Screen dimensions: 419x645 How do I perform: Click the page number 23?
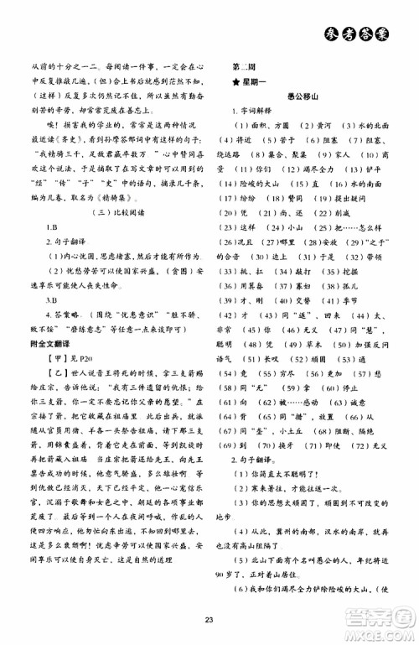pyautogui.click(x=209, y=620)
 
